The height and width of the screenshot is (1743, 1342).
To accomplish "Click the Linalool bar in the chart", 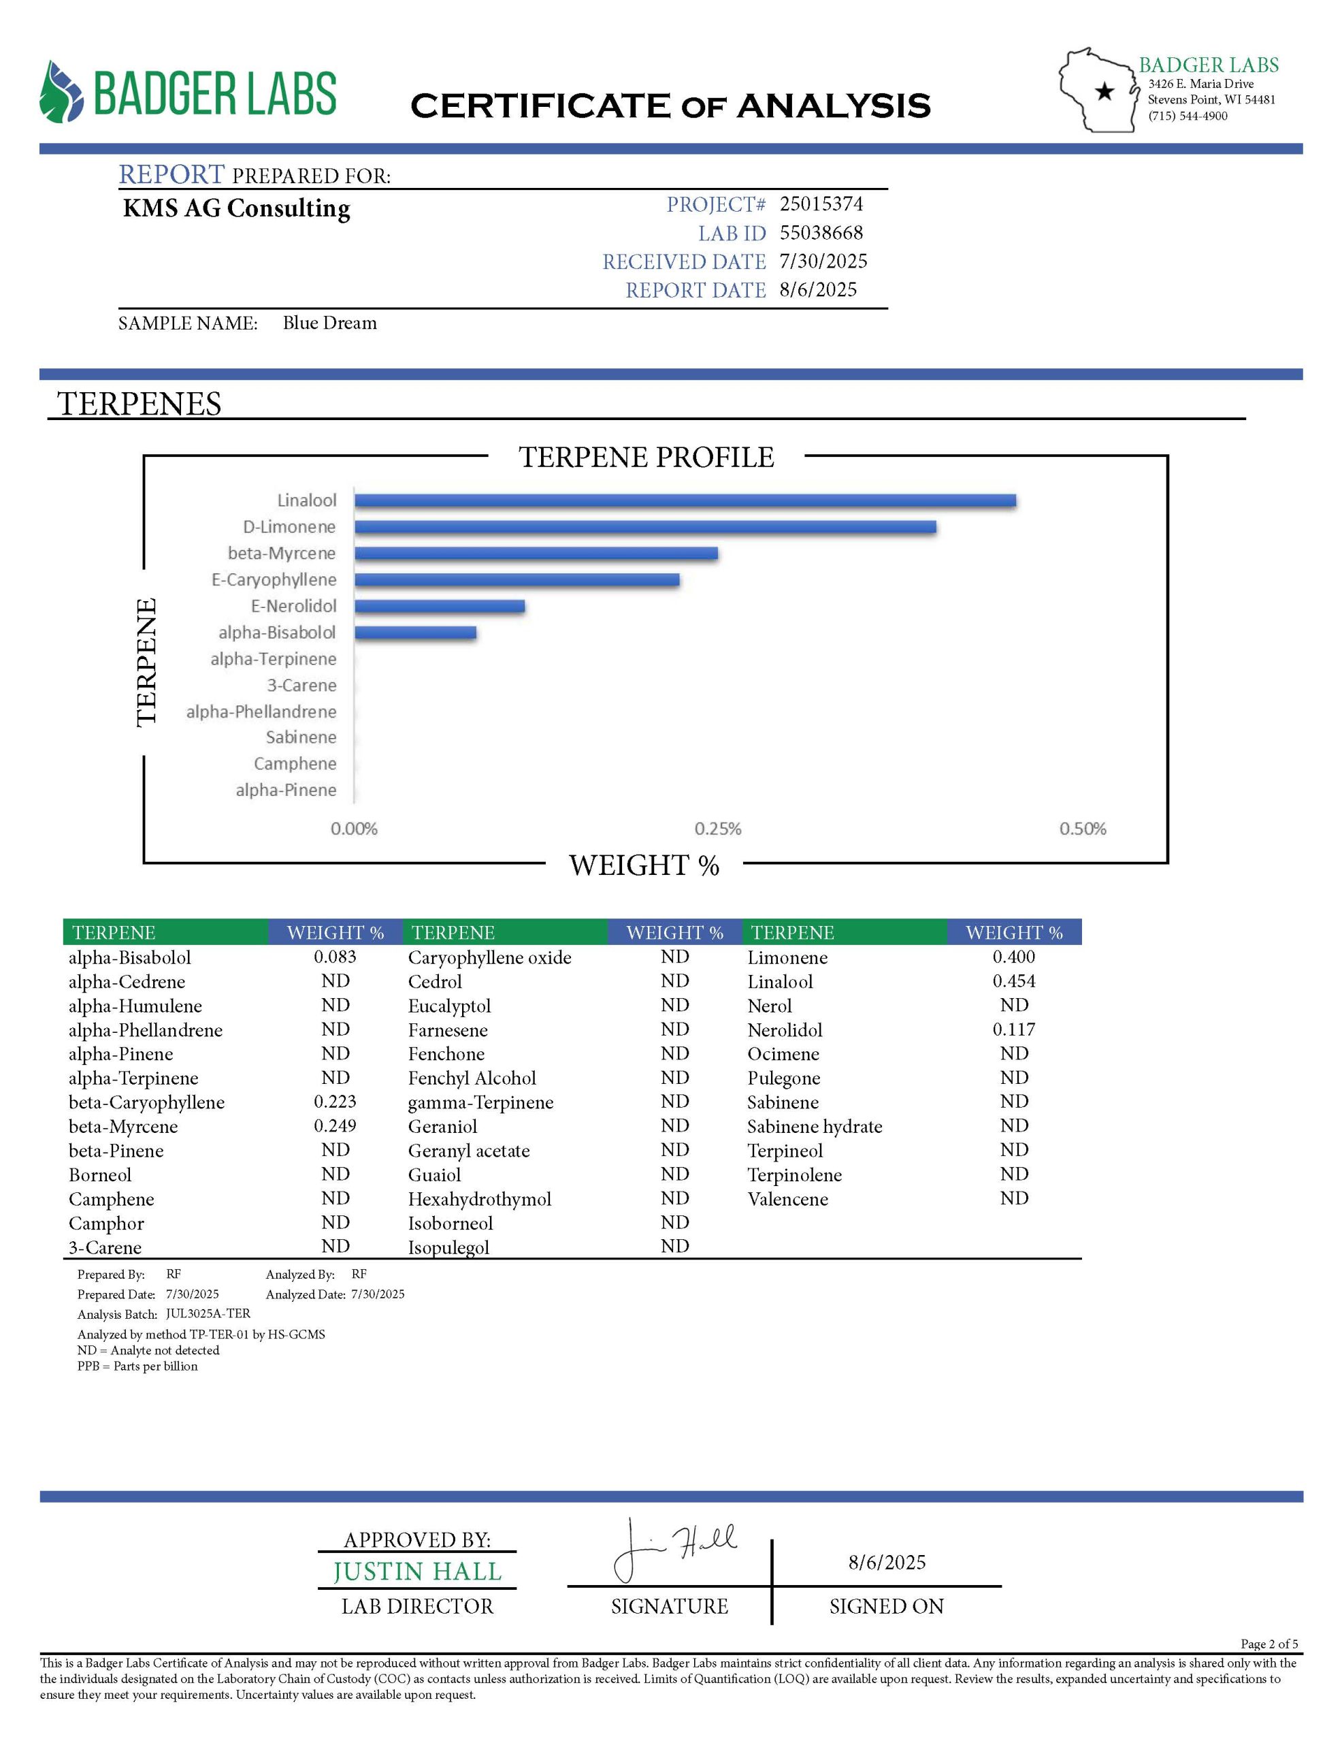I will pyautogui.click(x=685, y=500).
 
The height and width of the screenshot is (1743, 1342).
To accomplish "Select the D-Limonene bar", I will pyautogui.click(x=644, y=527).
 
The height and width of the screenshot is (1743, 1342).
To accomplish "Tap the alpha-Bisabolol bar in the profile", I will pyautogui.click(x=415, y=633).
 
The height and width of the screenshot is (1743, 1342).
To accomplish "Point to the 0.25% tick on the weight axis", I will pyautogui.click(x=717, y=829).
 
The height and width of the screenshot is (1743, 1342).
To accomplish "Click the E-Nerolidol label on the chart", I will pyautogui.click(x=293, y=606).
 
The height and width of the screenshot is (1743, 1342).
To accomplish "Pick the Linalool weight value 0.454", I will pyautogui.click(x=1013, y=981).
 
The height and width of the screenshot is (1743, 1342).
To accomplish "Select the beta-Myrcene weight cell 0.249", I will pyautogui.click(x=335, y=1126).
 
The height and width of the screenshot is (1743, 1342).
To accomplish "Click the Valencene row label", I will pyautogui.click(x=787, y=1199).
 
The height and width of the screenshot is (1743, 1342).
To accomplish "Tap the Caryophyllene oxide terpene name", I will pyautogui.click(x=489, y=957).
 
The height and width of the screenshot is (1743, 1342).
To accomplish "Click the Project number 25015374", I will pyautogui.click(x=821, y=204).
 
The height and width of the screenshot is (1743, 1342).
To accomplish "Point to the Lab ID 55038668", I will pyautogui.click(x=821, y=233).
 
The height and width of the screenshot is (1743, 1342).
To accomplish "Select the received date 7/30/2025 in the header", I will pyautogui.click(x=823, y=261).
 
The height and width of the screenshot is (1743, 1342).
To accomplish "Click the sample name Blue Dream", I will pyautogui.click(x=329, y=323).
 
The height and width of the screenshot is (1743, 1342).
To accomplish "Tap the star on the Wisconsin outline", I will pyautogui.click(x=1104, y=92).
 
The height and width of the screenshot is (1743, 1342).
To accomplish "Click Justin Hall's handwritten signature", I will pyautogui.click(x=674, y=1548).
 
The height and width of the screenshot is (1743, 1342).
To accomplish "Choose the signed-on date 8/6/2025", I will pyautogui.click(x=887, y=1563).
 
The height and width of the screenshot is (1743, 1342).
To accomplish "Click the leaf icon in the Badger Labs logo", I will pyautogui.click(x=61, y=92).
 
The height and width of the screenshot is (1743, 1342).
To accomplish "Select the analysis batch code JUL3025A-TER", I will pyautogui.click(x=208, y=1313).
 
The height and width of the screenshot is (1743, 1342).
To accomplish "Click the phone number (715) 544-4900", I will pyautogui.click(x=1188, y=116).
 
